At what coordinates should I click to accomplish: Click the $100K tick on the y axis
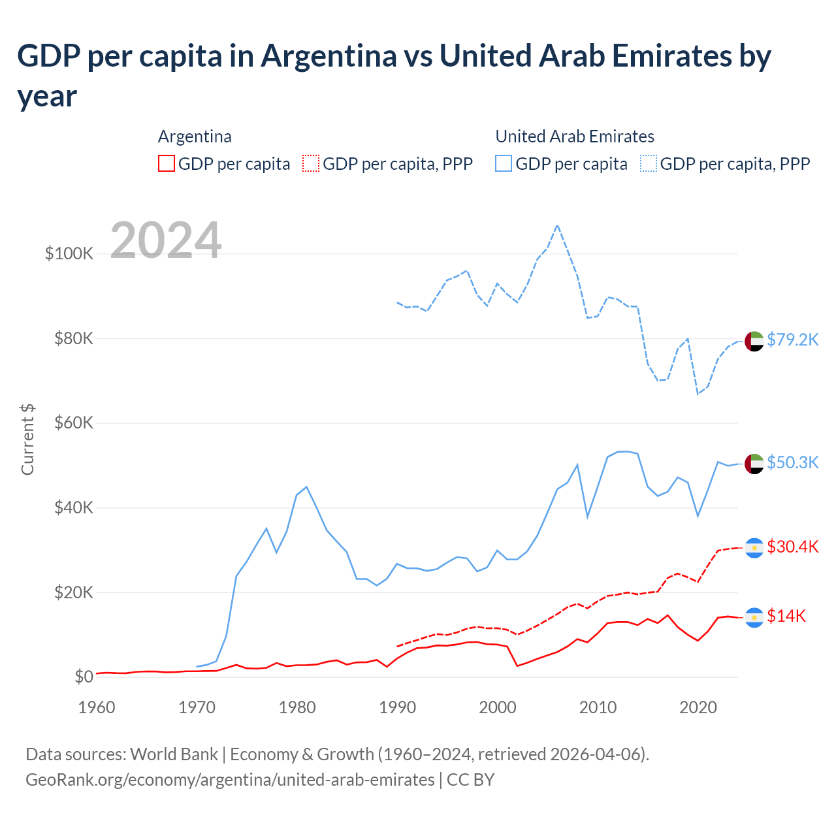coord(69,253)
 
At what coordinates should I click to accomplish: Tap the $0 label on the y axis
coord(84,677)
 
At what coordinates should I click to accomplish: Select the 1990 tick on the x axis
coord(397,707)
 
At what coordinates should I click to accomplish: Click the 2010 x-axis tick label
coord(598,707)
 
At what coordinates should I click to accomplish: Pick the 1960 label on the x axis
coord(97,707)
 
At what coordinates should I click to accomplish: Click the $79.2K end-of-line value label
coord(792,340)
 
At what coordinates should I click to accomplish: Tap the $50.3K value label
coord(792,462)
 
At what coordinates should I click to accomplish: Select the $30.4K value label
coord(792,547)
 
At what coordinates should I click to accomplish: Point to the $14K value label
coord(786,616)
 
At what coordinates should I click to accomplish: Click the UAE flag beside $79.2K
coord(754,341)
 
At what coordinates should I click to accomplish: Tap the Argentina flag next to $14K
coord(754,617)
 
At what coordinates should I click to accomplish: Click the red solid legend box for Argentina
coord(167,163)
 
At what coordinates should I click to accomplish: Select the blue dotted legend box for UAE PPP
coord(649,163)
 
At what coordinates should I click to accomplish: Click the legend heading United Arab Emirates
coord(575,137)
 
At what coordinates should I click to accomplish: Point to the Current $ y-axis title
coord(27,439)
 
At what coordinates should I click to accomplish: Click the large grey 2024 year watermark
coord(166,240)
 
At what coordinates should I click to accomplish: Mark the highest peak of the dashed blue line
coord(557,225)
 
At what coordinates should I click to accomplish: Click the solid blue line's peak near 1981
coord(306,487)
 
